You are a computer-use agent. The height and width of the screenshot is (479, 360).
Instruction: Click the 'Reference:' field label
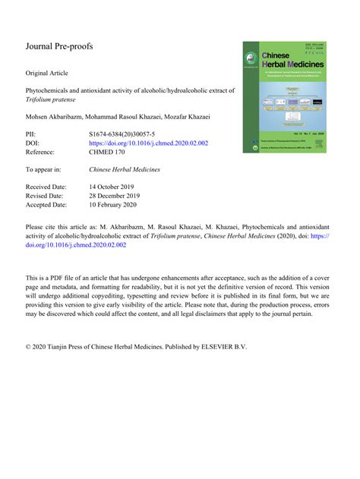pyautogui.click(x=44, y=153)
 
